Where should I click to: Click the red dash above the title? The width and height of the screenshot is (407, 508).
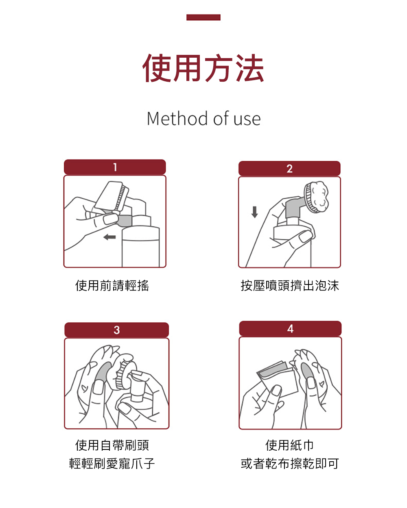[203, 17]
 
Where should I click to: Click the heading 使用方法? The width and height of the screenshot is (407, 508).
[203, 68]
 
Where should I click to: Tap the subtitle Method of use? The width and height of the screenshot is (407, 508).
[203, 118]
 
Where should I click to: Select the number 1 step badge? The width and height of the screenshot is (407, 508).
[115, 167]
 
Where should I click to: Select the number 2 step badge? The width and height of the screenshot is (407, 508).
[289, 169]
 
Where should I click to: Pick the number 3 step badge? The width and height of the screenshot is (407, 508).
[116, 330]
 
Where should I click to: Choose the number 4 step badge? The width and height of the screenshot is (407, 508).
[290, 328]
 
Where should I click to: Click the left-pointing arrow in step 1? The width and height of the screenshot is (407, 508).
[109, 237]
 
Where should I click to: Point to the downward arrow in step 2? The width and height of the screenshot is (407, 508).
[254, 212]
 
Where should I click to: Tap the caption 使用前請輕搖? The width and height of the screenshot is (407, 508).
[112, 285]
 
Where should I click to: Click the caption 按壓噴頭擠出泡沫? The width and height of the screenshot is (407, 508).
[290, 285]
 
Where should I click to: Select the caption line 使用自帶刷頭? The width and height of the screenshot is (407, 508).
[112, 445]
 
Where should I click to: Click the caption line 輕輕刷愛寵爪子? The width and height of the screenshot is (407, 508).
[112, 463]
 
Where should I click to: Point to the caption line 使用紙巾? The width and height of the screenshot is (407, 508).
[290, 445]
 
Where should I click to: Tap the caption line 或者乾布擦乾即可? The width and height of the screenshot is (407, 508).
[290, 463]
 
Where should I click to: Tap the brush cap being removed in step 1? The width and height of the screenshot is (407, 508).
[111, 196]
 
